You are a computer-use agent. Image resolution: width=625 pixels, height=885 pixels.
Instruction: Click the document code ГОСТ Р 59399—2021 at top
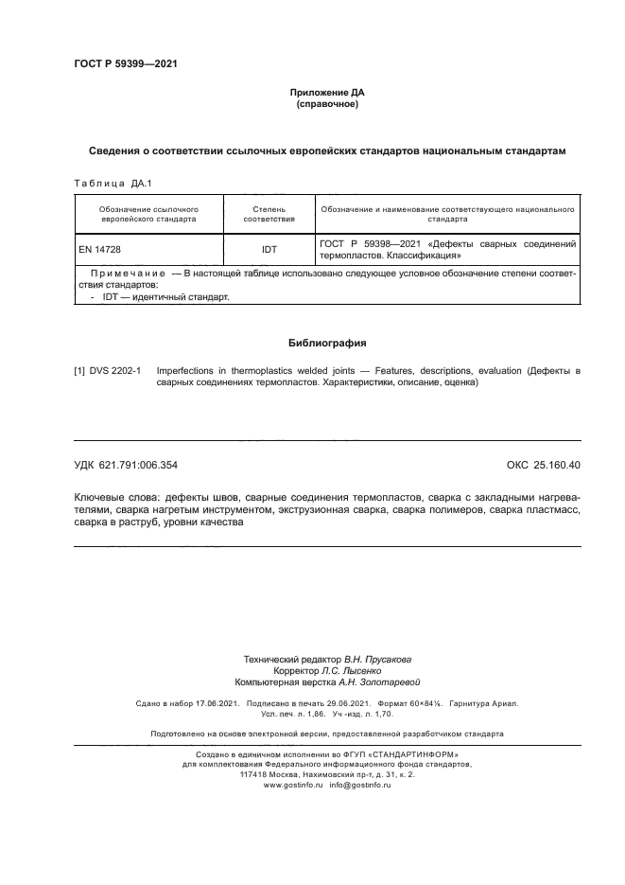coord(125,63)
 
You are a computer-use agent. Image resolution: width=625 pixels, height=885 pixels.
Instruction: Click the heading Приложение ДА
coord(326,93)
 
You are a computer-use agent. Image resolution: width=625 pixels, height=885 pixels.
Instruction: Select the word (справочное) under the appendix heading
coord(326,104)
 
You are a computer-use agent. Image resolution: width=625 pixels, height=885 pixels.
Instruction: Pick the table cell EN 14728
coord(100,249)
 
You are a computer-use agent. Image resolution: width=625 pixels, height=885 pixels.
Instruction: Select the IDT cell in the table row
coord(269,249)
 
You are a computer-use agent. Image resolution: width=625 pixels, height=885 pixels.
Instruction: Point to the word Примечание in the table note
coord(127,273)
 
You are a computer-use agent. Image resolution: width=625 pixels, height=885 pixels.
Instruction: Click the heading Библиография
coord(326,343)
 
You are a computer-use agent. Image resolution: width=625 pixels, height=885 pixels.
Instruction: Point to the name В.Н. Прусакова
coord(377,658)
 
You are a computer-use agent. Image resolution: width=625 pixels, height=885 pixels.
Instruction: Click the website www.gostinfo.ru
coord(293,786)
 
